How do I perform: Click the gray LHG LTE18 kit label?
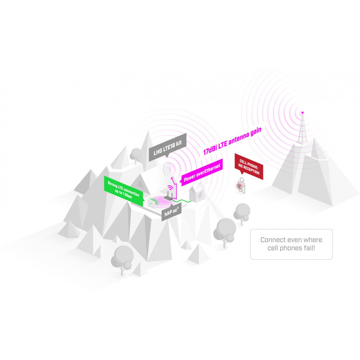point(167,147)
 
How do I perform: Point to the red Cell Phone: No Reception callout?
point(249,166)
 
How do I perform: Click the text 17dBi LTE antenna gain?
point(232,141)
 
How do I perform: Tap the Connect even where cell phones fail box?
point(291,244)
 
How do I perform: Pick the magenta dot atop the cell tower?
point(302,112)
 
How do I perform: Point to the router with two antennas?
point(169,196)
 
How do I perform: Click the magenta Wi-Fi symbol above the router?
point(171,188)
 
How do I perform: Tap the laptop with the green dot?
point(152,203)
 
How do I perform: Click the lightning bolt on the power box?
point(201,195)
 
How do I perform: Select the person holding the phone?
point(241,185)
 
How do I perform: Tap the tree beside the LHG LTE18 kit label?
point(136,155)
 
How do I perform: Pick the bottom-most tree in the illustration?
point(122,260)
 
